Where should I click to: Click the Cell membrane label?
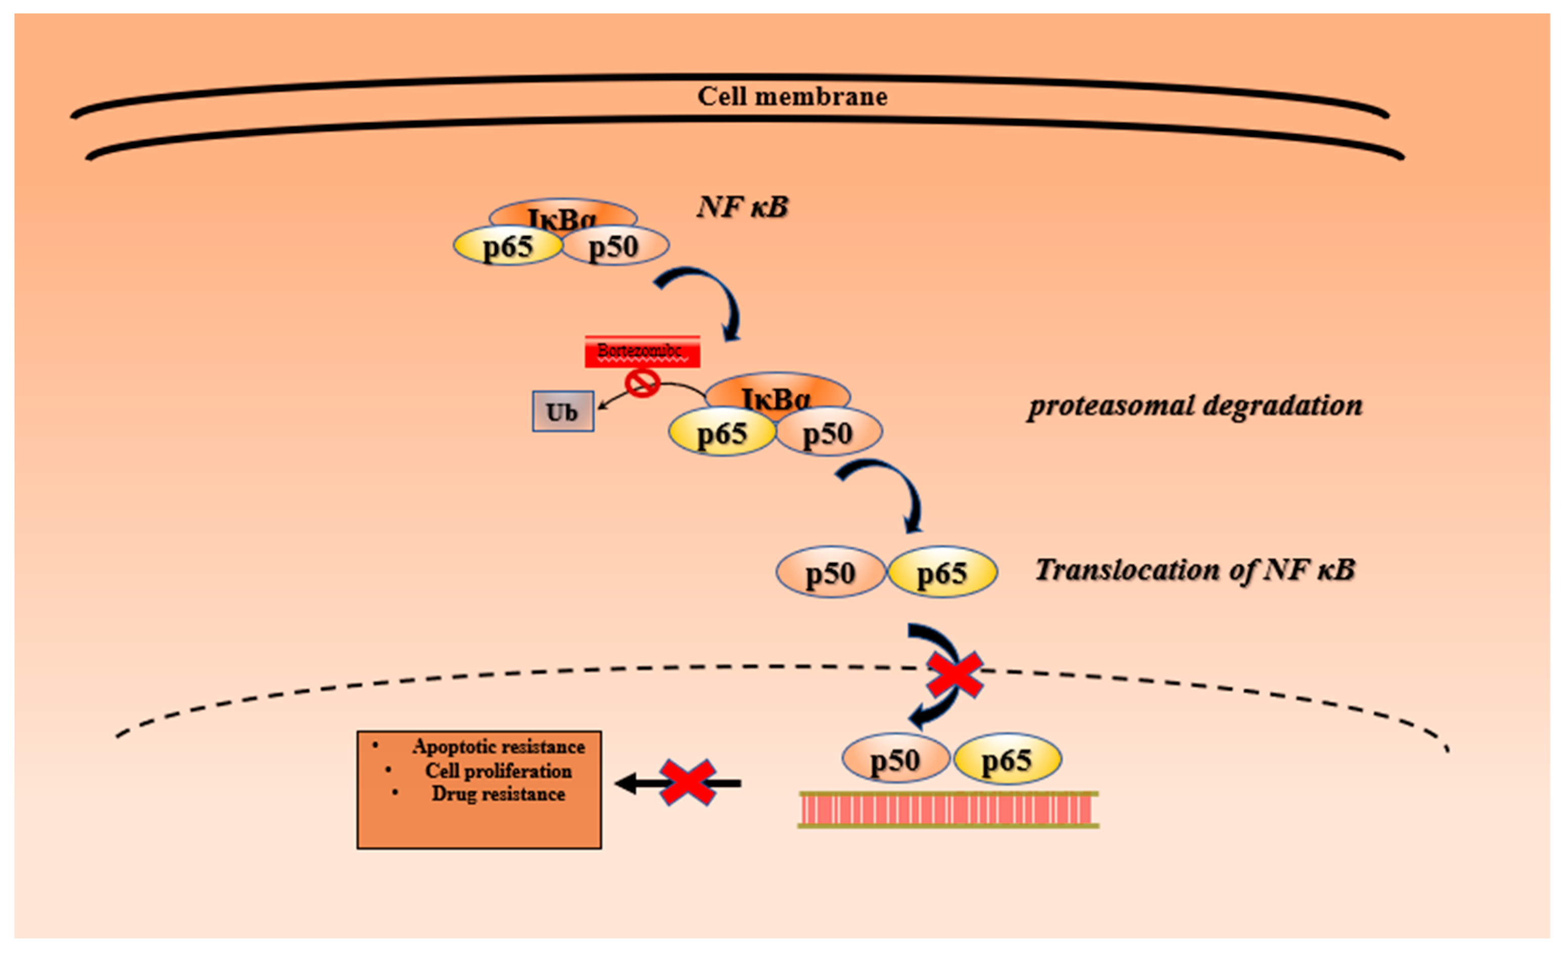792,97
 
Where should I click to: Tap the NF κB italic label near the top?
743,207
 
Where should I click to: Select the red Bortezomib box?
642,352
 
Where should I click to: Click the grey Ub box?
563,411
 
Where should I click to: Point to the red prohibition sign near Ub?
642,384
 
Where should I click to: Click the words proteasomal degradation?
1195,405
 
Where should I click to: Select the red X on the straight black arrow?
687,783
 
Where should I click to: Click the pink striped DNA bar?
948,809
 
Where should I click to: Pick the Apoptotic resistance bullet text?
498,747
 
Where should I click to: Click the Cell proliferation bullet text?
498,771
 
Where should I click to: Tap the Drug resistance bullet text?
498,794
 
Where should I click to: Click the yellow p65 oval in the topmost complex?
507,247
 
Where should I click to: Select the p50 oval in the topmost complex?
615,247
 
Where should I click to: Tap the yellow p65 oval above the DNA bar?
1007,759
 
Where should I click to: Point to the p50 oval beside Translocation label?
830,573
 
